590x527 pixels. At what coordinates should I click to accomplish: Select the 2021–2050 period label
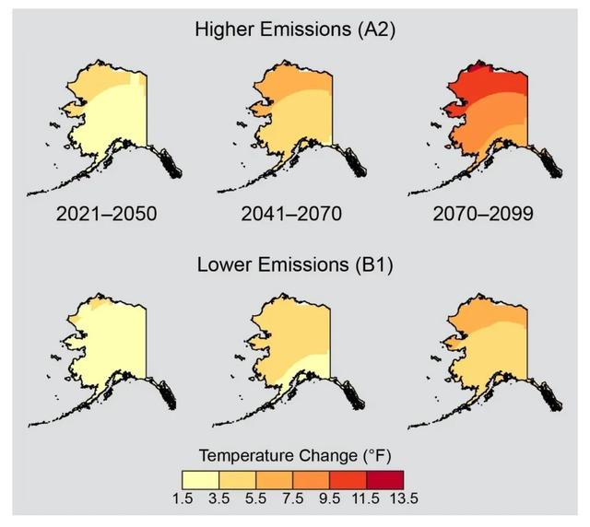106,215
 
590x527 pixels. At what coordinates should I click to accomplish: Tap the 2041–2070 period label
291,215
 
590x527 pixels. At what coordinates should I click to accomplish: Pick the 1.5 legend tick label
182,498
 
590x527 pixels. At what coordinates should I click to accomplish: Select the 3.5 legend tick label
218,498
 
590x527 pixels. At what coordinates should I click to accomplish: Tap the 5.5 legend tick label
255,498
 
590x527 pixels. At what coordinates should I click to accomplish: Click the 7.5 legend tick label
292,498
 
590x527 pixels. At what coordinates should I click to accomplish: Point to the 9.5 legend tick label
329,498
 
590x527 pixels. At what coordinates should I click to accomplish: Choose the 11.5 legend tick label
366,498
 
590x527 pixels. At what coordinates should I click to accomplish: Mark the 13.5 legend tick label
403,498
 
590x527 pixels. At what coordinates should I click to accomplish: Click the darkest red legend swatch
384,479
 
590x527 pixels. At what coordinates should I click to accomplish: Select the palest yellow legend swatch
200,479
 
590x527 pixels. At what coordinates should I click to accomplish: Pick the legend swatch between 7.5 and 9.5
311,479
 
